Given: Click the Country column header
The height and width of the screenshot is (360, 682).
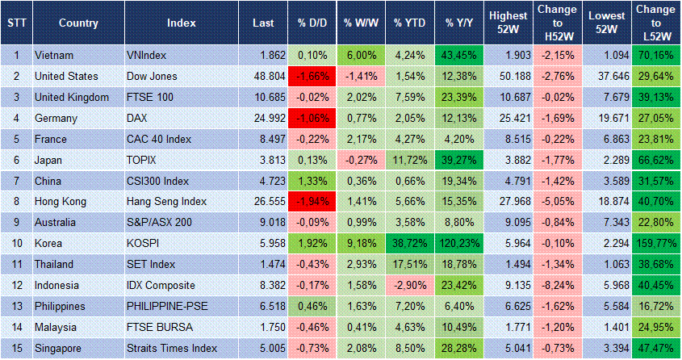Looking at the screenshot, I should (78, 23).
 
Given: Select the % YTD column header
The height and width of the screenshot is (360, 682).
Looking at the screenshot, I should (410, 23).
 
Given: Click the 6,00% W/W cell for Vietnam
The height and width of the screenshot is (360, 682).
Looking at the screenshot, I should (360, 56).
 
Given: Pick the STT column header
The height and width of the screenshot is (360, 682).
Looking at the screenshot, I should (16, 23).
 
